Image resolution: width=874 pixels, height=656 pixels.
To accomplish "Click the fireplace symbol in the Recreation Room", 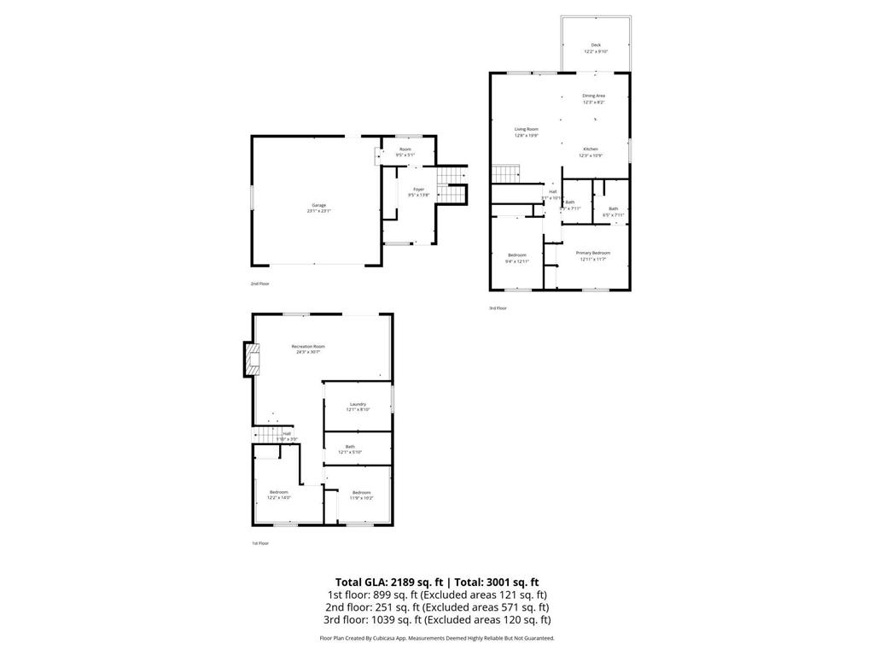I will tap(250, 360).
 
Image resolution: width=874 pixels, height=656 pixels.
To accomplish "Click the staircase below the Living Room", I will tap(506, 175).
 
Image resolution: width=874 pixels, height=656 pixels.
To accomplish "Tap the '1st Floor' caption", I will tap(259, 543).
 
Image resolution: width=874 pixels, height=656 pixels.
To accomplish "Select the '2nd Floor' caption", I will tap(259, 283).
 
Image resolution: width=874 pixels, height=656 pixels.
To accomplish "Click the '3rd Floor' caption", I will tap(498, 307).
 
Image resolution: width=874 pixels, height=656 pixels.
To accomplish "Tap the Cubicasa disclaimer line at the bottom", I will tap(437, 638).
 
